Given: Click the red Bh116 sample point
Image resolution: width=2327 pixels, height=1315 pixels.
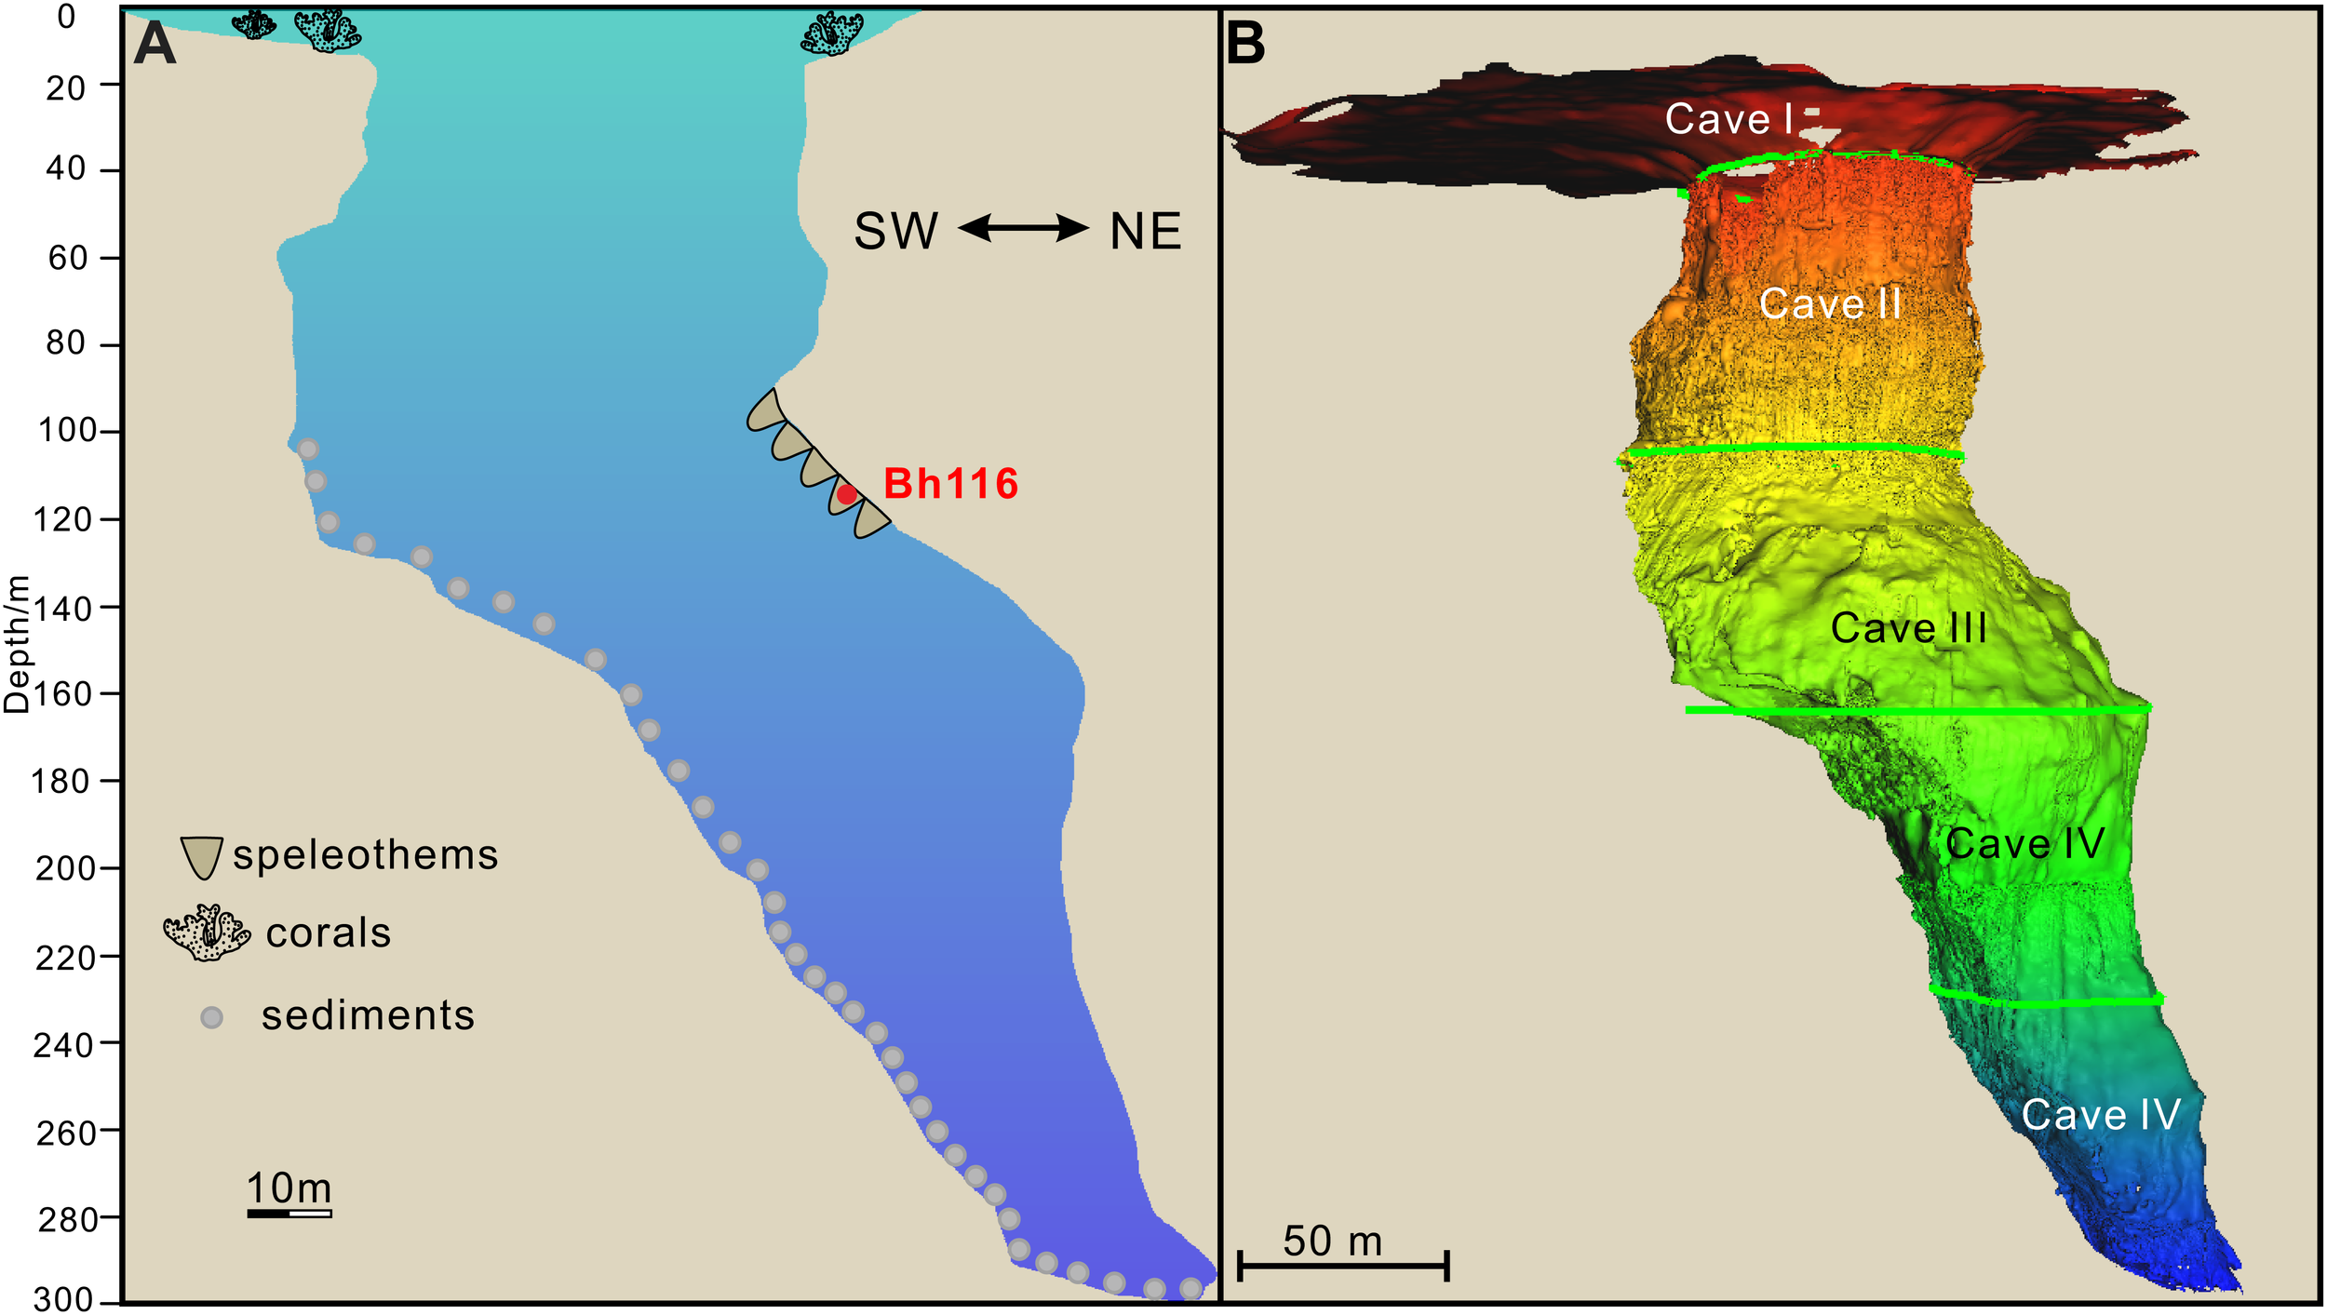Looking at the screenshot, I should [x=846, y=494].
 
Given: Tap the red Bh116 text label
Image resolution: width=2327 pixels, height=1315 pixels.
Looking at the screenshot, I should [x=950, y=484].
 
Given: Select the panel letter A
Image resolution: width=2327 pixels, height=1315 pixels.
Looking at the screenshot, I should [x=155, y=44].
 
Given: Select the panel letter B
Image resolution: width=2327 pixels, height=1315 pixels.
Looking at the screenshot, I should [x=1245, y=44].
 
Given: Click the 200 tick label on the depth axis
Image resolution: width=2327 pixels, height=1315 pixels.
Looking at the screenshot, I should [x=65, y=868].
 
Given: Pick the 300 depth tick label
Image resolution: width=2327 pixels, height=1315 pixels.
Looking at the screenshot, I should [x=65, y=1299].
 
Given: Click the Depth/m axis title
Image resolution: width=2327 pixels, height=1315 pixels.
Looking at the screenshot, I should [x=17, y=644].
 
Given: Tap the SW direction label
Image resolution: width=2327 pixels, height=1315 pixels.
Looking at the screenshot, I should [x=895, y=232].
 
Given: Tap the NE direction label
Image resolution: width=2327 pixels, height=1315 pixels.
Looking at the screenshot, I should [x=1146, y=232].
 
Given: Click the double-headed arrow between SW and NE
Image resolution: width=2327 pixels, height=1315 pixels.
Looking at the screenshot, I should [x=1023, y=228].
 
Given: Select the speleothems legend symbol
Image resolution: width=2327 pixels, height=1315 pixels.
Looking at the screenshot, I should [x=201, y=857].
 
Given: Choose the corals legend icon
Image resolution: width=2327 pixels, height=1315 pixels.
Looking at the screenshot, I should [x=207, y=933].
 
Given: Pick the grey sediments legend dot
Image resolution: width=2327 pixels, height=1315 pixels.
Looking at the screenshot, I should [x=212, y=1017].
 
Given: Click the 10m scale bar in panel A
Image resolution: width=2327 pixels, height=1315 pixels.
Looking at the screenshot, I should [x=289, y=1213].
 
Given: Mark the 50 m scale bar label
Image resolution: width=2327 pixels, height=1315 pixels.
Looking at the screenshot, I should [x=1332, y=1241].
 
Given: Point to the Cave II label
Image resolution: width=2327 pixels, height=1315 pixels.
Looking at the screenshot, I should [x=1830, y=304].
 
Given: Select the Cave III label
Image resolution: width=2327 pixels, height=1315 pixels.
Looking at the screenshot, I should [x=1908, y=628].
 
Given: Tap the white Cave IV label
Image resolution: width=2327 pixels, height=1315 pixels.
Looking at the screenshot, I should [x=2101, y=1114].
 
